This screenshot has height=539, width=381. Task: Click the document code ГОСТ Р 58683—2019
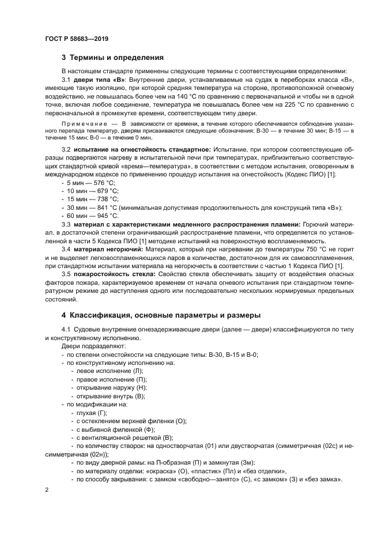[x=76, y=39]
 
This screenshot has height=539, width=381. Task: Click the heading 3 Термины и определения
[x=112, y=58]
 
